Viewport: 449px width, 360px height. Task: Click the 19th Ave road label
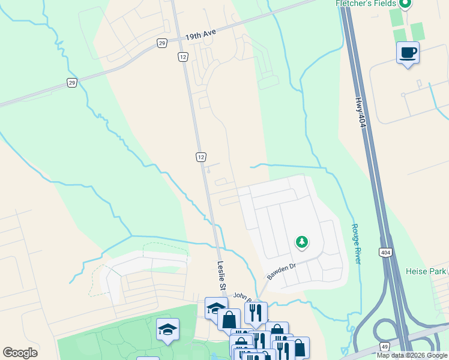click(x=200, y=35)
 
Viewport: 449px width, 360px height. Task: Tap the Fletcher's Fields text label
click(x=366, y=4)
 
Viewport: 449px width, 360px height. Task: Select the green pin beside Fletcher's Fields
click(x=405, y=4)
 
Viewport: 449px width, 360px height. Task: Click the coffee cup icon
click(x=408, y=53)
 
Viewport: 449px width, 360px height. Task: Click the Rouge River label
click(x=355, y=244)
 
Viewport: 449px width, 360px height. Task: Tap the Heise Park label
click(x=425, y=272)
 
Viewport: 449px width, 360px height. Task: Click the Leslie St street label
click(x=221, y=276)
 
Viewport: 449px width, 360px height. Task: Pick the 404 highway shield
click(x=385, y=253)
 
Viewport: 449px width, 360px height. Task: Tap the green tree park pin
click(x=301, y=242)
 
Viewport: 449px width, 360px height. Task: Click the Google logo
click(x=20, y=353)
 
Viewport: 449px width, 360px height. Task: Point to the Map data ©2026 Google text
click(x=411, y=355)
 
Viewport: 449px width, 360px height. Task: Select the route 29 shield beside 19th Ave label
click(x=162, y=43)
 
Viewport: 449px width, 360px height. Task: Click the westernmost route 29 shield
click(x=72, y=83)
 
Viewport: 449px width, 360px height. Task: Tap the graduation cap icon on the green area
click(x=168, y=329)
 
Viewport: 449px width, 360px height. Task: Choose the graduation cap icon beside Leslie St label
click(x=216, y=308)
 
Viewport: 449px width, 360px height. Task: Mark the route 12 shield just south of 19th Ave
click(x=182, y=56)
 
